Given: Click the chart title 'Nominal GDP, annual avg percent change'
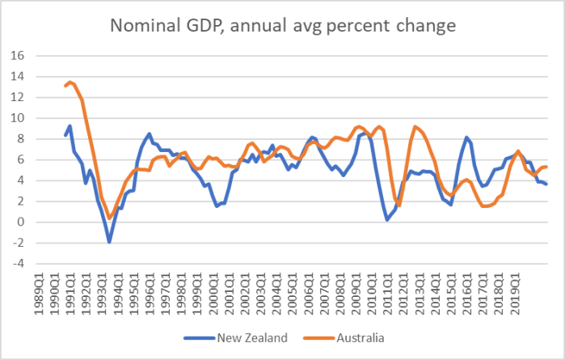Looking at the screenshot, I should (x=283, y=26).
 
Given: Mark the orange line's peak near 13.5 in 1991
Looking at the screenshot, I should (x=70, y=82).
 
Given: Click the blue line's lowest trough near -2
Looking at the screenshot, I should (x=109, y=242).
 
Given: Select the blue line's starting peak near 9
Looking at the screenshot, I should (x=70, y=125).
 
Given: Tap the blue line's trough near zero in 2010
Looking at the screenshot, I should (x=387, y=219).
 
